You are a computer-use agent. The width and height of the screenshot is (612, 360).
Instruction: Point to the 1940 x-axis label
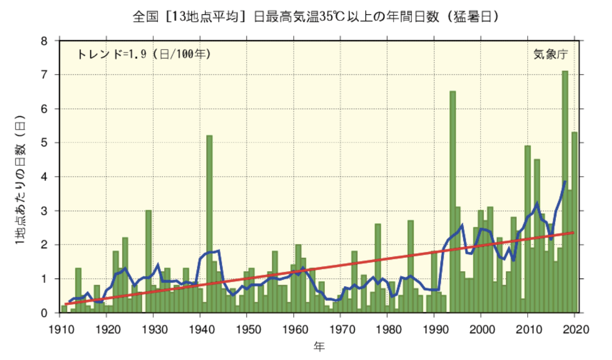pos(200,328)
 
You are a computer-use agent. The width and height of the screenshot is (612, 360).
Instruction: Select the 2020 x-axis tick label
pos(574,328)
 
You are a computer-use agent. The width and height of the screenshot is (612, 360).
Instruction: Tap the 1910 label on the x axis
pos(60,328)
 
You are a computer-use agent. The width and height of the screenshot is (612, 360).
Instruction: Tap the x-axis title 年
pos(318,346)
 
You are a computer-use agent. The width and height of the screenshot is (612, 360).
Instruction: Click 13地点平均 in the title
pos(207,17)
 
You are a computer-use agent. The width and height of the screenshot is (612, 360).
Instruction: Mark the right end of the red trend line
pos(574,233)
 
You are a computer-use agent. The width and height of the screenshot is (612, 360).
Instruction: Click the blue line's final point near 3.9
pos(565,181)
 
